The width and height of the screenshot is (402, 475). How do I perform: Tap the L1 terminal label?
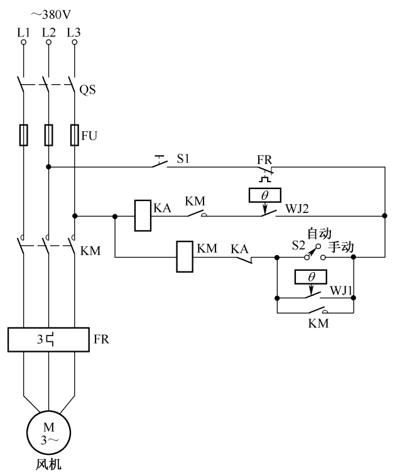pos(23,31)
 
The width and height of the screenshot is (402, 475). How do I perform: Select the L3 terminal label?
pos(74,31)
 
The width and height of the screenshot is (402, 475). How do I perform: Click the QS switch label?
pos(87,89)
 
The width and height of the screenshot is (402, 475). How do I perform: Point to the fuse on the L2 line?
pos(48,134)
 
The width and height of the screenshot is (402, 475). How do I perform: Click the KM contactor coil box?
pos(184,256)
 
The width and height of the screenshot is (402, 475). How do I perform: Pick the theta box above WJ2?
pos(264,196)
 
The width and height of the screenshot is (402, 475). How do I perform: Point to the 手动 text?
pos(341,248)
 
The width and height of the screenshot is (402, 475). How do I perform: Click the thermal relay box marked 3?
pos(48,340)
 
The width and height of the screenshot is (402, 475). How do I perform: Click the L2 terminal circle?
pos(48,43)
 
